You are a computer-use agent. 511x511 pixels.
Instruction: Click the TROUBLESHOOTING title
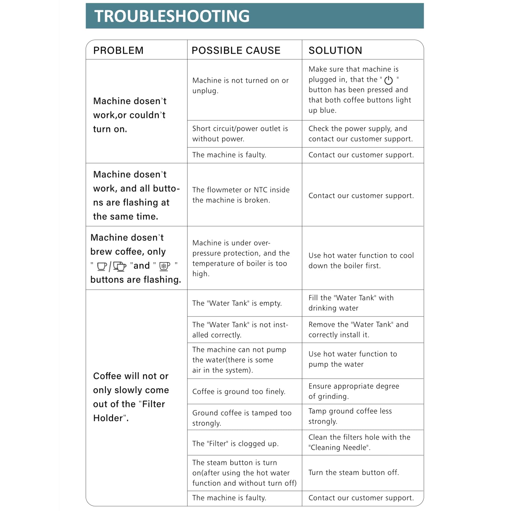click(x=172, y=16)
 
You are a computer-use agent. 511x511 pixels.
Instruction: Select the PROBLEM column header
click(x=118, y=50)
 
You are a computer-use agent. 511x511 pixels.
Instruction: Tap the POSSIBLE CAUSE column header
click(x=236, y=50)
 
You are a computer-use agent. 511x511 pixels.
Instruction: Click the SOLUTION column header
click(x=335, y=50)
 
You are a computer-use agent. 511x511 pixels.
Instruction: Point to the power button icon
click(x=388, y=80)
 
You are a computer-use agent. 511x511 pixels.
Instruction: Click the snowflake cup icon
click(x=164, y=266)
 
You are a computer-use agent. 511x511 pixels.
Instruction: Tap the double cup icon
click(x=119, y=266)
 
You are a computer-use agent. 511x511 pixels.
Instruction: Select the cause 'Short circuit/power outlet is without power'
click(x=240, y=133)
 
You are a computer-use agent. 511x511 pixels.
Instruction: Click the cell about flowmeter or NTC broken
click(x=241, y=195)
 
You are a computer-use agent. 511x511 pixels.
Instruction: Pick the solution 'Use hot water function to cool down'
click(x=361, y=260)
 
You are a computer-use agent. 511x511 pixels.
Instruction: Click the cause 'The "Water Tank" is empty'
click(x=237, y=303)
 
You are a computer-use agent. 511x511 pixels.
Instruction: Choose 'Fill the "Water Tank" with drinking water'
click(x=351, y=303)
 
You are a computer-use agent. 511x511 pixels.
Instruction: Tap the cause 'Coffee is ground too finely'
click(x=239, y=392)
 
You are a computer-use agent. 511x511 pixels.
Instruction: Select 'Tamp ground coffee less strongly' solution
click(x=350, y=416)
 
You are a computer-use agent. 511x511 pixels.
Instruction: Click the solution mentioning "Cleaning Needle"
click(x=359, y=442)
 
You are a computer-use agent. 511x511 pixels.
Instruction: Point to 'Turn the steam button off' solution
click(x=354, y=472)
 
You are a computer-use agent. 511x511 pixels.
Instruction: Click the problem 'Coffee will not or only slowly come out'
click(x=131, y=397)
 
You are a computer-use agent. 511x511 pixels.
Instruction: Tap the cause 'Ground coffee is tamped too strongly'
click(x=242, y=418)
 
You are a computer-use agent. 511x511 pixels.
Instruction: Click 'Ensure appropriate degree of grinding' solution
click(x=354, y=391)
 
